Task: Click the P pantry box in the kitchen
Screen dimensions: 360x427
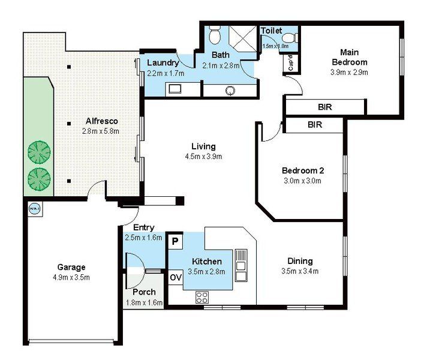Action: [x=175, y=241]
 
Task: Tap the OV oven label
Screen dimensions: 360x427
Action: [x=175, y=278]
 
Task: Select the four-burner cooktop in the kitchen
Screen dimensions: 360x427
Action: [x=201, y=296]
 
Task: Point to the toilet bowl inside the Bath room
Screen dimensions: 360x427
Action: [x=213, y=37]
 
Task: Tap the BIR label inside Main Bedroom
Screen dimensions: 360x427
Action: [x=325, y=107]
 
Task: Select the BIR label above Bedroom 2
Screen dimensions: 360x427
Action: [x=314, y=125]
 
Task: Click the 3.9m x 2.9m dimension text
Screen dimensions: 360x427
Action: [x=349, y=72]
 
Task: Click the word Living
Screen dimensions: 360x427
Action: [x=203, y=146]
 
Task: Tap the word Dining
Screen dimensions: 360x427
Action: [x=300, y=261]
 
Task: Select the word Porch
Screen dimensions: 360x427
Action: [x=144, y=292]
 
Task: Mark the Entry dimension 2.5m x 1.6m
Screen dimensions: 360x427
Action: [x=144, y=238]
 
